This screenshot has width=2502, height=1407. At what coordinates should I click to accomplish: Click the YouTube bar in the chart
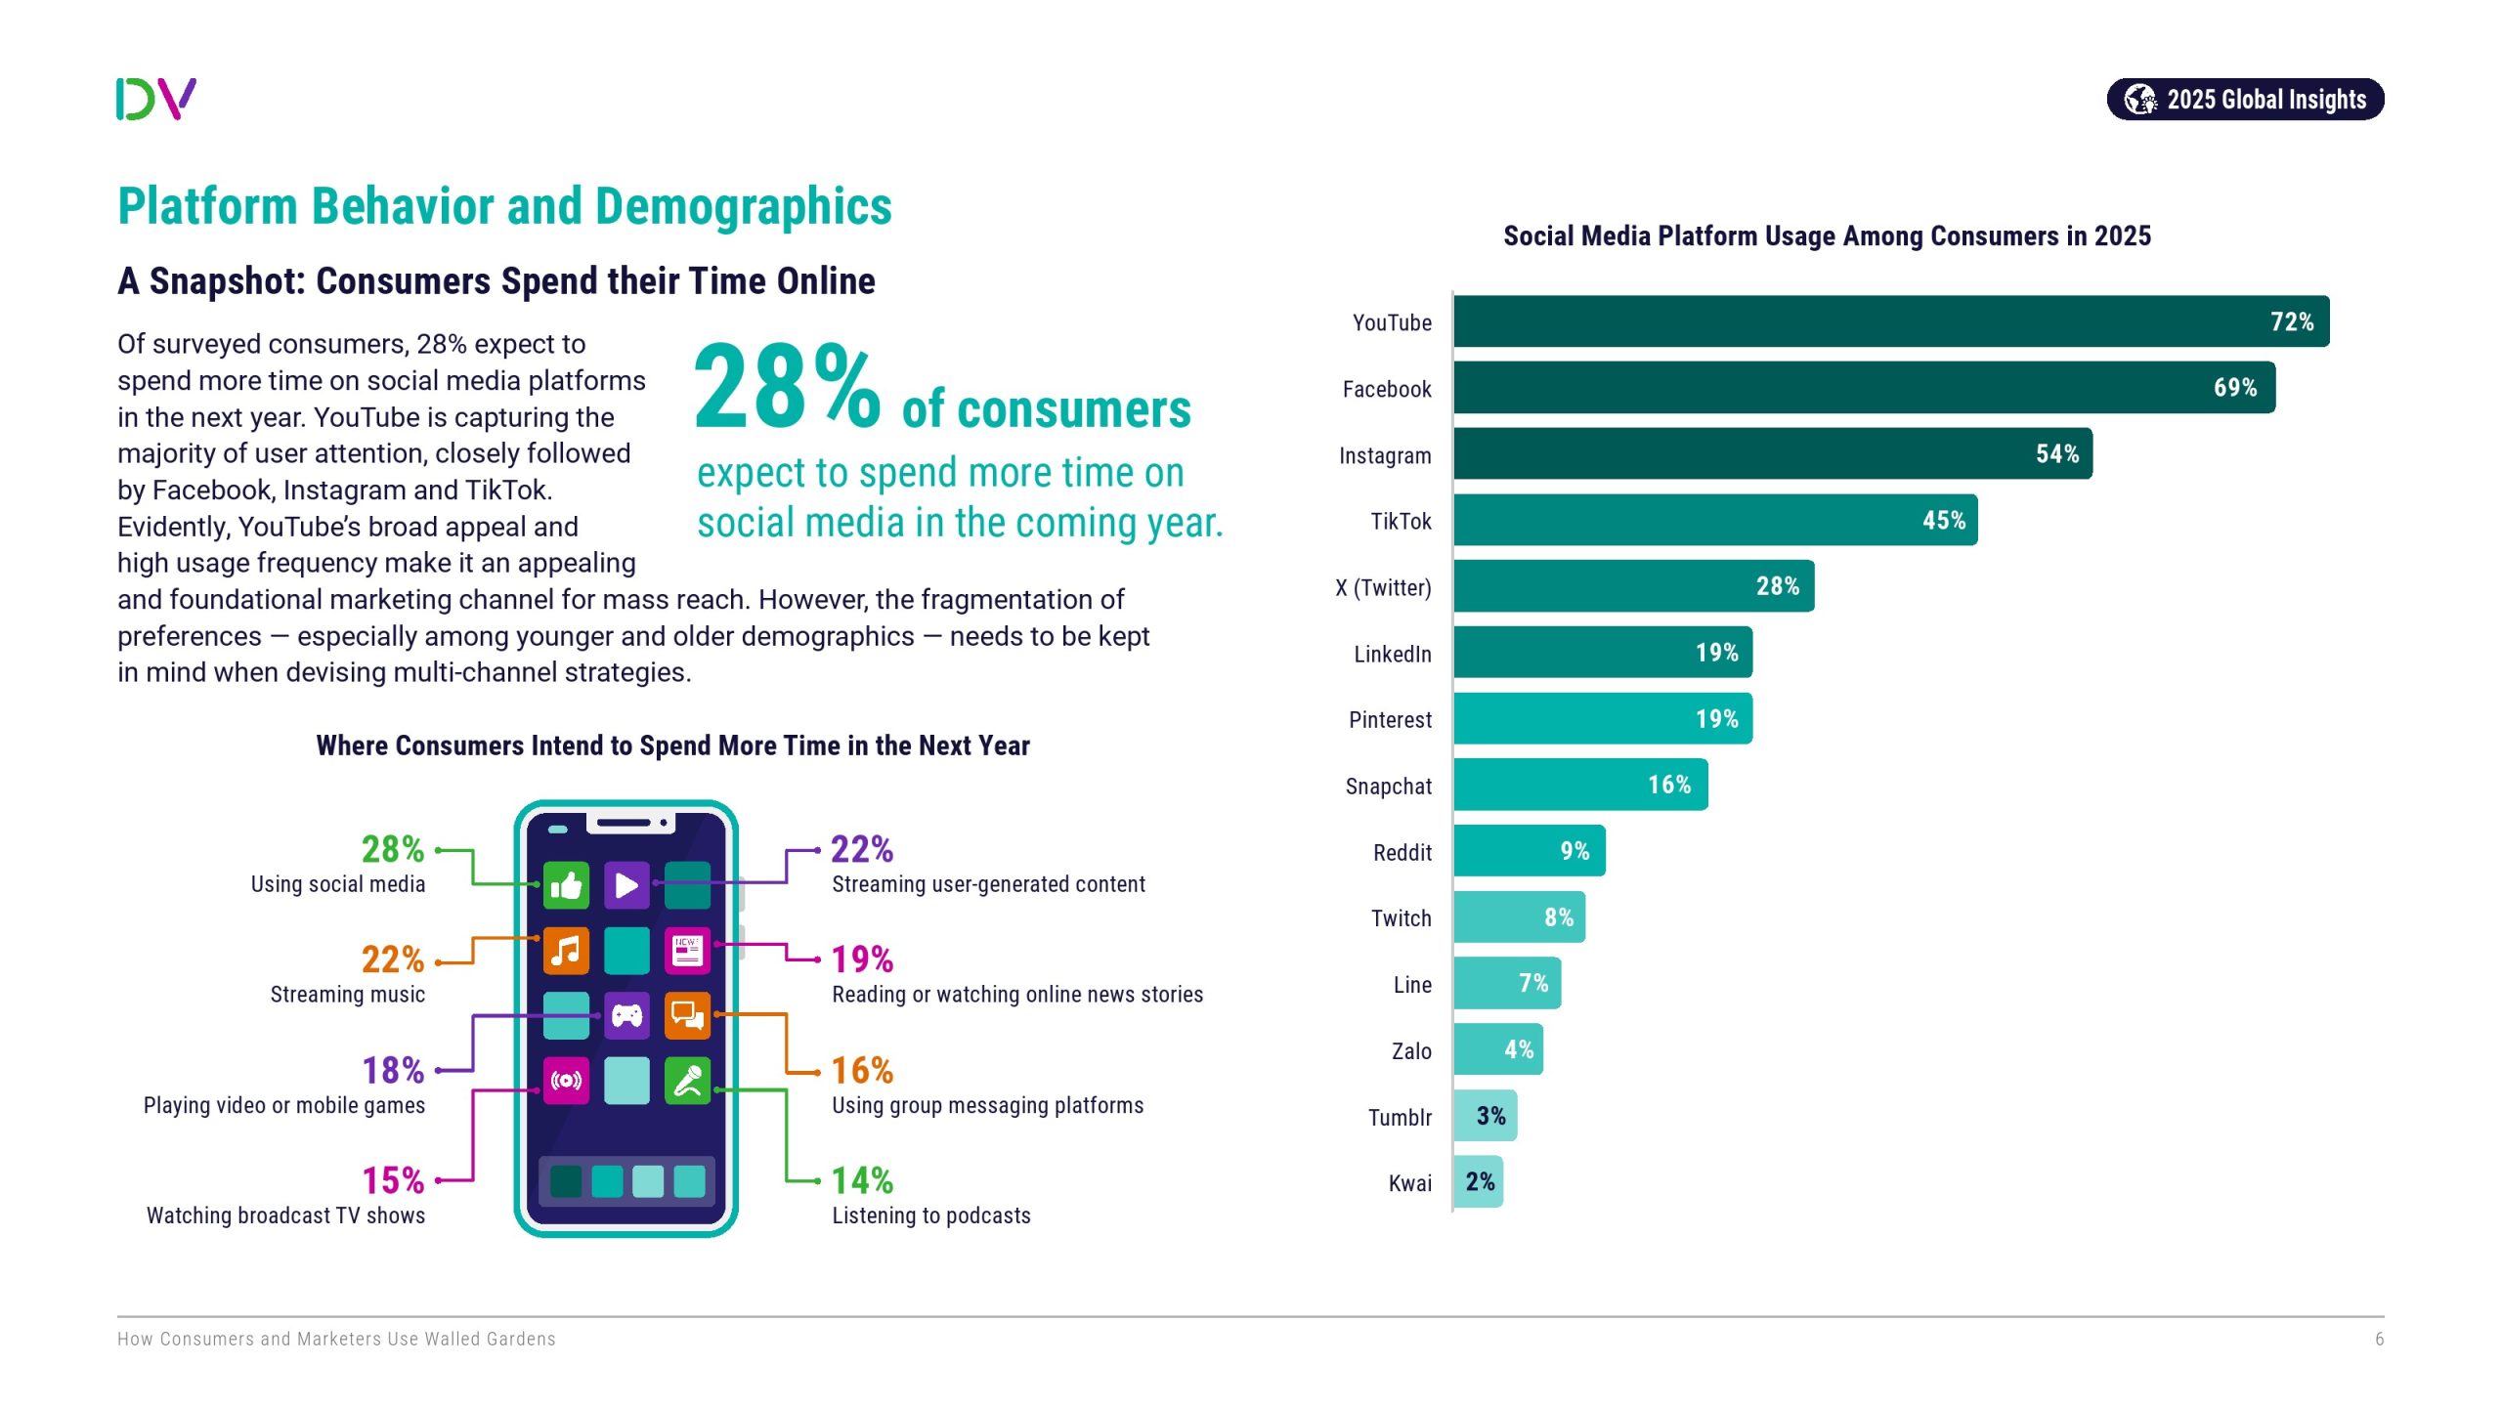1890,321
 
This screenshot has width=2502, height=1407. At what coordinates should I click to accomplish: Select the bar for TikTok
1714,520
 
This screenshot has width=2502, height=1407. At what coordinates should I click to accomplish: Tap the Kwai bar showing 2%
1478,1182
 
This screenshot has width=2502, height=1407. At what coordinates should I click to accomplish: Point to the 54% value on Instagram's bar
2056,454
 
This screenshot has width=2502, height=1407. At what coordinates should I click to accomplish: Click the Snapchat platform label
1388,787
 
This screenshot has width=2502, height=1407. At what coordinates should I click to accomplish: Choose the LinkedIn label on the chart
1392,654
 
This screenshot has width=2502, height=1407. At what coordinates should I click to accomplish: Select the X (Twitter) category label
1383,587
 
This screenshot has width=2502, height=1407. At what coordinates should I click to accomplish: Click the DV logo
156,99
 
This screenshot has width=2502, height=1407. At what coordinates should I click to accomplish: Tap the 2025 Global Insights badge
2245,100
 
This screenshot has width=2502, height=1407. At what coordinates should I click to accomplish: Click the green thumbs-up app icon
566,885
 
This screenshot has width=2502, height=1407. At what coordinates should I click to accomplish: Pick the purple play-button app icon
626,885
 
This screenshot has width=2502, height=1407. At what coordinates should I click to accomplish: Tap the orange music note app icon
566,951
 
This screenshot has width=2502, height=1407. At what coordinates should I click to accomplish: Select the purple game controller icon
626,1016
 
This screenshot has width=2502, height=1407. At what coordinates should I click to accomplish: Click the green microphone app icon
687,1081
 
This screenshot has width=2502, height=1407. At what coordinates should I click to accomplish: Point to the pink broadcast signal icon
566,1081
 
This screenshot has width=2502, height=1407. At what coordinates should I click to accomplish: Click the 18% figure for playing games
393,1071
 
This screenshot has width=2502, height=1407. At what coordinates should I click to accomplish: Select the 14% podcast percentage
862,1181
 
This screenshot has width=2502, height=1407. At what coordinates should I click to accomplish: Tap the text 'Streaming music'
347,995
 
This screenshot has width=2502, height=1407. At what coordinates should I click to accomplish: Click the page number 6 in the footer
2379,1340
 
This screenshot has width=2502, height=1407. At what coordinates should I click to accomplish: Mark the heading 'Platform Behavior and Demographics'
504,206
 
